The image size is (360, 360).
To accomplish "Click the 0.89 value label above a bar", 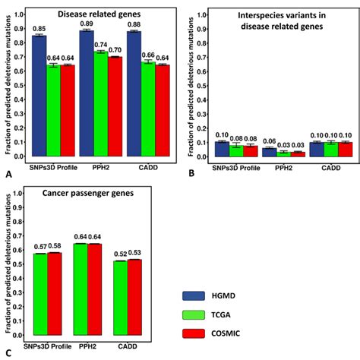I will click(87, 24).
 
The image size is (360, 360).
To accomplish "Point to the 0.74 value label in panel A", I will click(100, 45).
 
